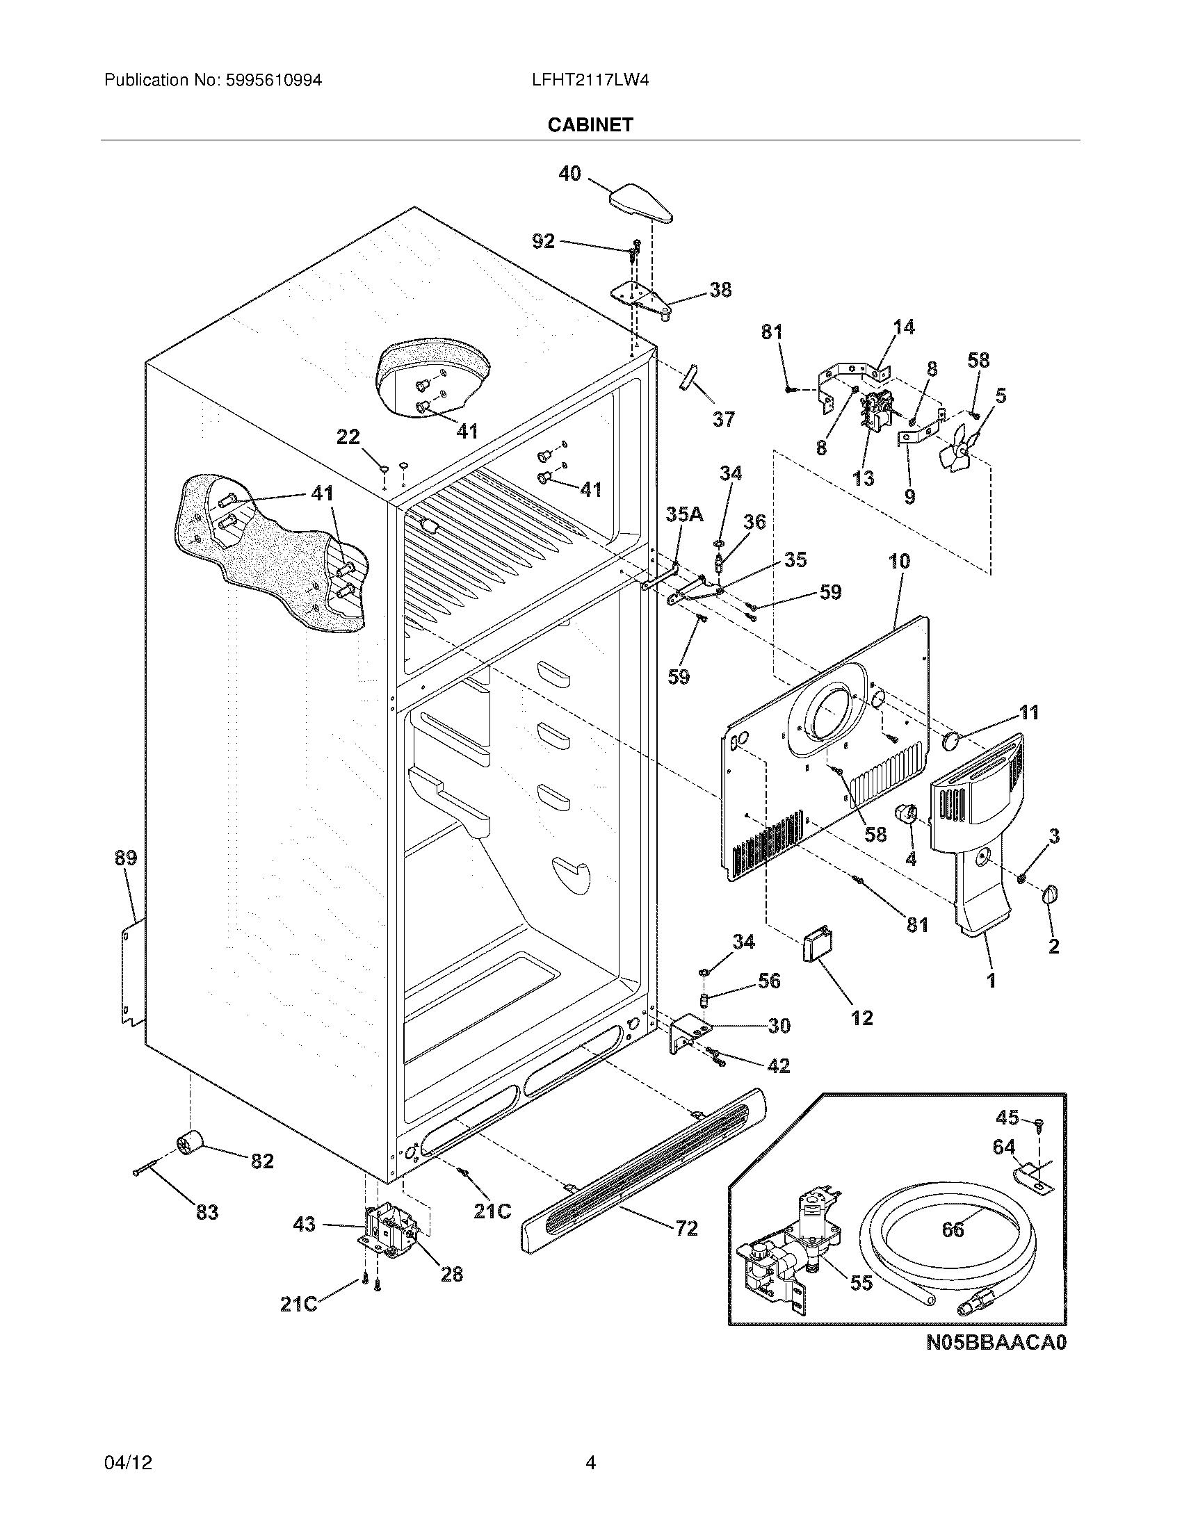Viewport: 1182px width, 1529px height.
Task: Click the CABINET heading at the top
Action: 590,124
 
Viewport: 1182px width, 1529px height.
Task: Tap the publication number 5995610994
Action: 273,81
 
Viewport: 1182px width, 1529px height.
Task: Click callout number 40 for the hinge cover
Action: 569,173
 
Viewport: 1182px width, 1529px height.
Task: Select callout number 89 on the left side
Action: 126,858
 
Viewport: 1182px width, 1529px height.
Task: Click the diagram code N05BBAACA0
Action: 996,1343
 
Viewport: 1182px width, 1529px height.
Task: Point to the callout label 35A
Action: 683,514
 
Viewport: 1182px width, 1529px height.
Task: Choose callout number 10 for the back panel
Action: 899,561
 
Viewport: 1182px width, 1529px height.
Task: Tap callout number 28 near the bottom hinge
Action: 452,1274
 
